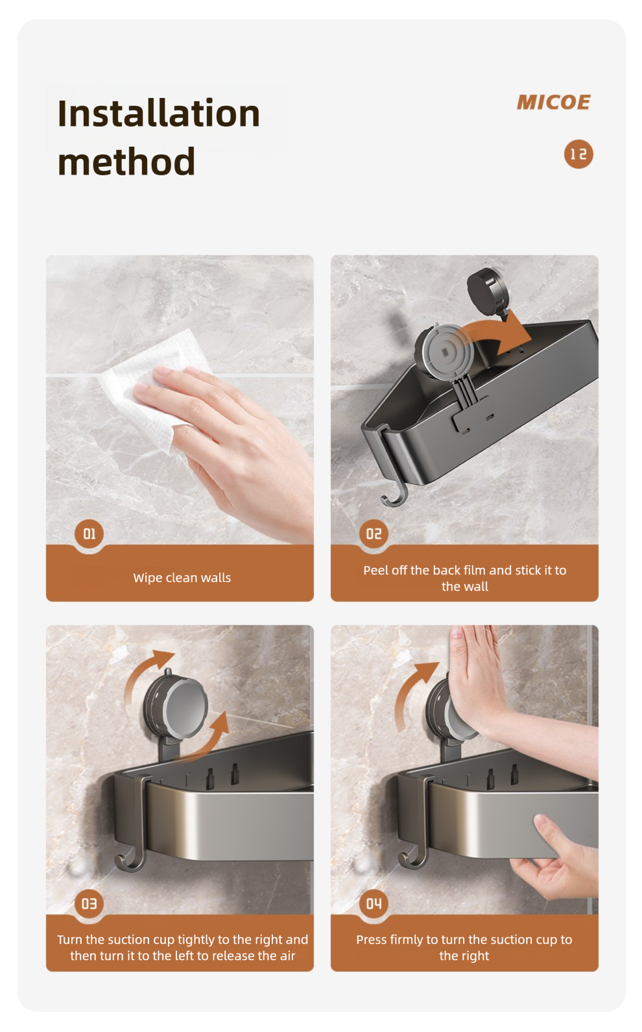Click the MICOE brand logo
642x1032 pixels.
tap(553, 102)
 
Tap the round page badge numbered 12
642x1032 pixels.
tap(578, 154)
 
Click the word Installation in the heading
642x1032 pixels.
tap(159, 113)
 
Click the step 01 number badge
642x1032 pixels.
tap(89, 534)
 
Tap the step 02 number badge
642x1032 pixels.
tap(374, 534)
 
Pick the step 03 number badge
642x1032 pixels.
tap(89, 903)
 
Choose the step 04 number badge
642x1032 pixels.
tap(374, 903)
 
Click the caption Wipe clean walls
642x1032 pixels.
tap(182, 577)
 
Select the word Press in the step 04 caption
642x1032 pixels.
tap(372, 940)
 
